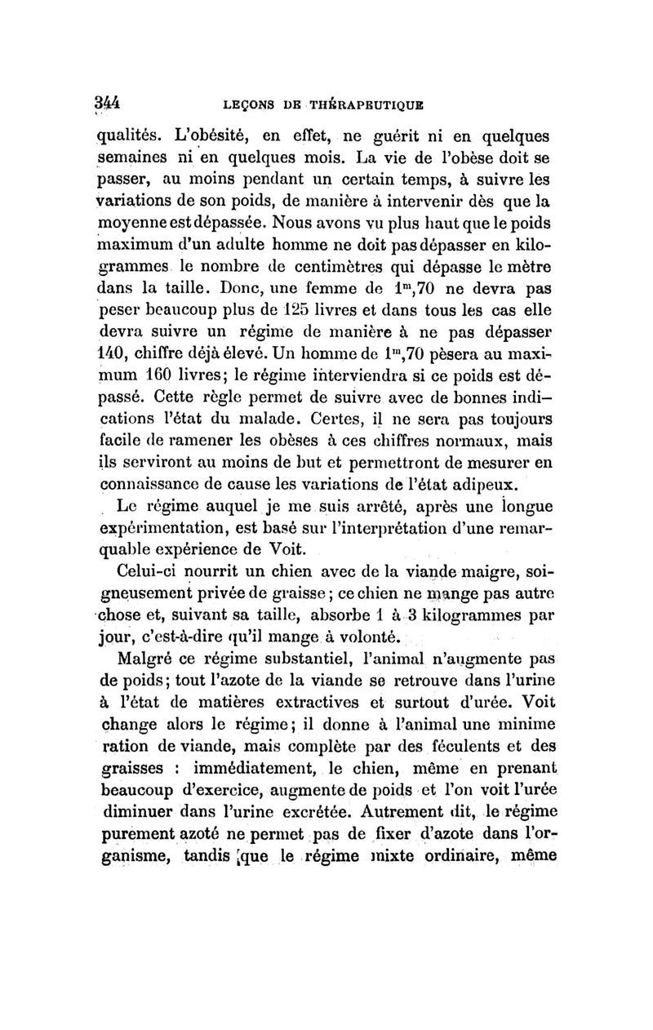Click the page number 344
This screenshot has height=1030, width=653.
coord(107,103)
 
